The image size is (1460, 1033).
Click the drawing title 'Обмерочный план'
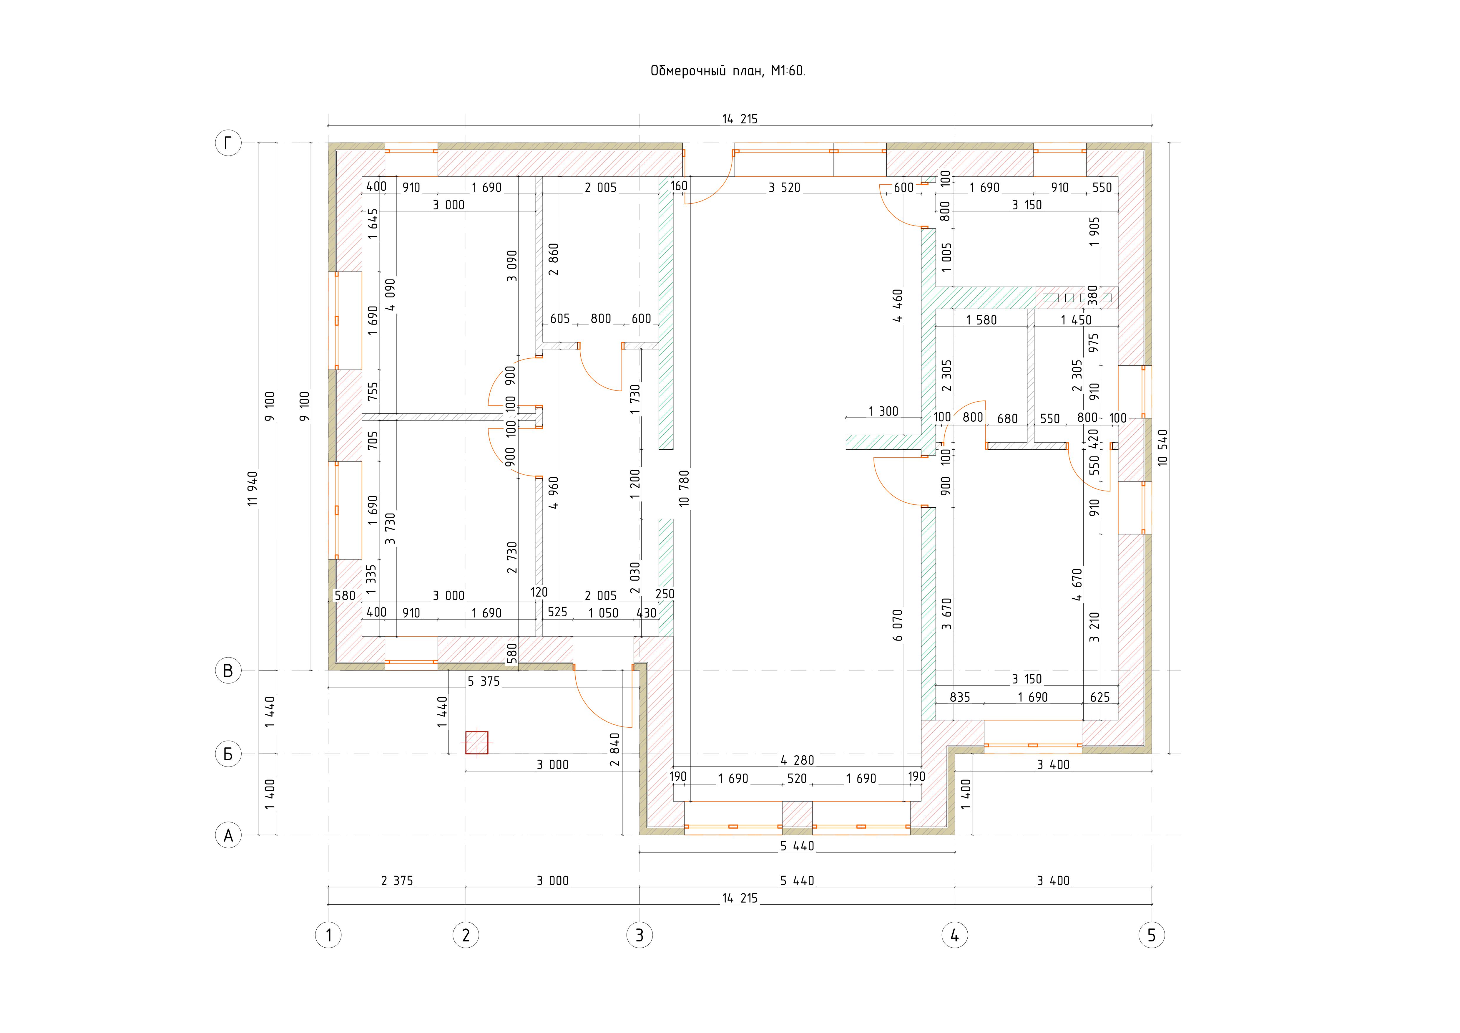pos(707,71)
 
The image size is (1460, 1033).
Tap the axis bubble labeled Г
pos(228,143)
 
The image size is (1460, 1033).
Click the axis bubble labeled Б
pos(228,754)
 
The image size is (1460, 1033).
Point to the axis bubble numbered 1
pos(328,935)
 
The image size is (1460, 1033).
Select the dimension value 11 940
pos(253,489)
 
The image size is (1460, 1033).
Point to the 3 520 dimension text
pos(784,188)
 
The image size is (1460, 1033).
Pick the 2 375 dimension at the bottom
pos(397,881)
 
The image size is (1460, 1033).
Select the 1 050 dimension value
pos(603,613)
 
